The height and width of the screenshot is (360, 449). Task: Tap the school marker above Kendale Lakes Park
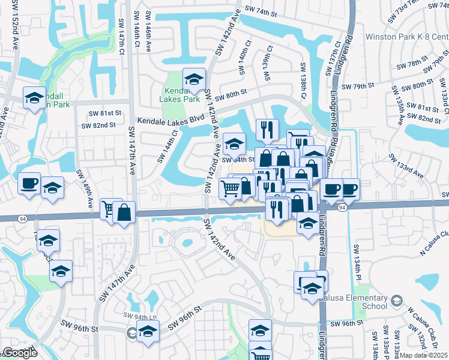194,79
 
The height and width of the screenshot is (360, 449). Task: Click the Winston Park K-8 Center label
414,37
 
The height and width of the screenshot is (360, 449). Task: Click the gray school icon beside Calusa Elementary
396,300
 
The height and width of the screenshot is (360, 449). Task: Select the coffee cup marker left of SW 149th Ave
29,184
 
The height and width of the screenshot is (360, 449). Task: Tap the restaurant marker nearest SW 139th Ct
267,129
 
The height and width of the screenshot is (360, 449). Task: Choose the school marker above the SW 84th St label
234,144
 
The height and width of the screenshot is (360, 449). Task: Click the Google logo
19,353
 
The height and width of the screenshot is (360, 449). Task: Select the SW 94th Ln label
136,316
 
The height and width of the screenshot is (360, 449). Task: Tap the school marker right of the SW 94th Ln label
148,331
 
